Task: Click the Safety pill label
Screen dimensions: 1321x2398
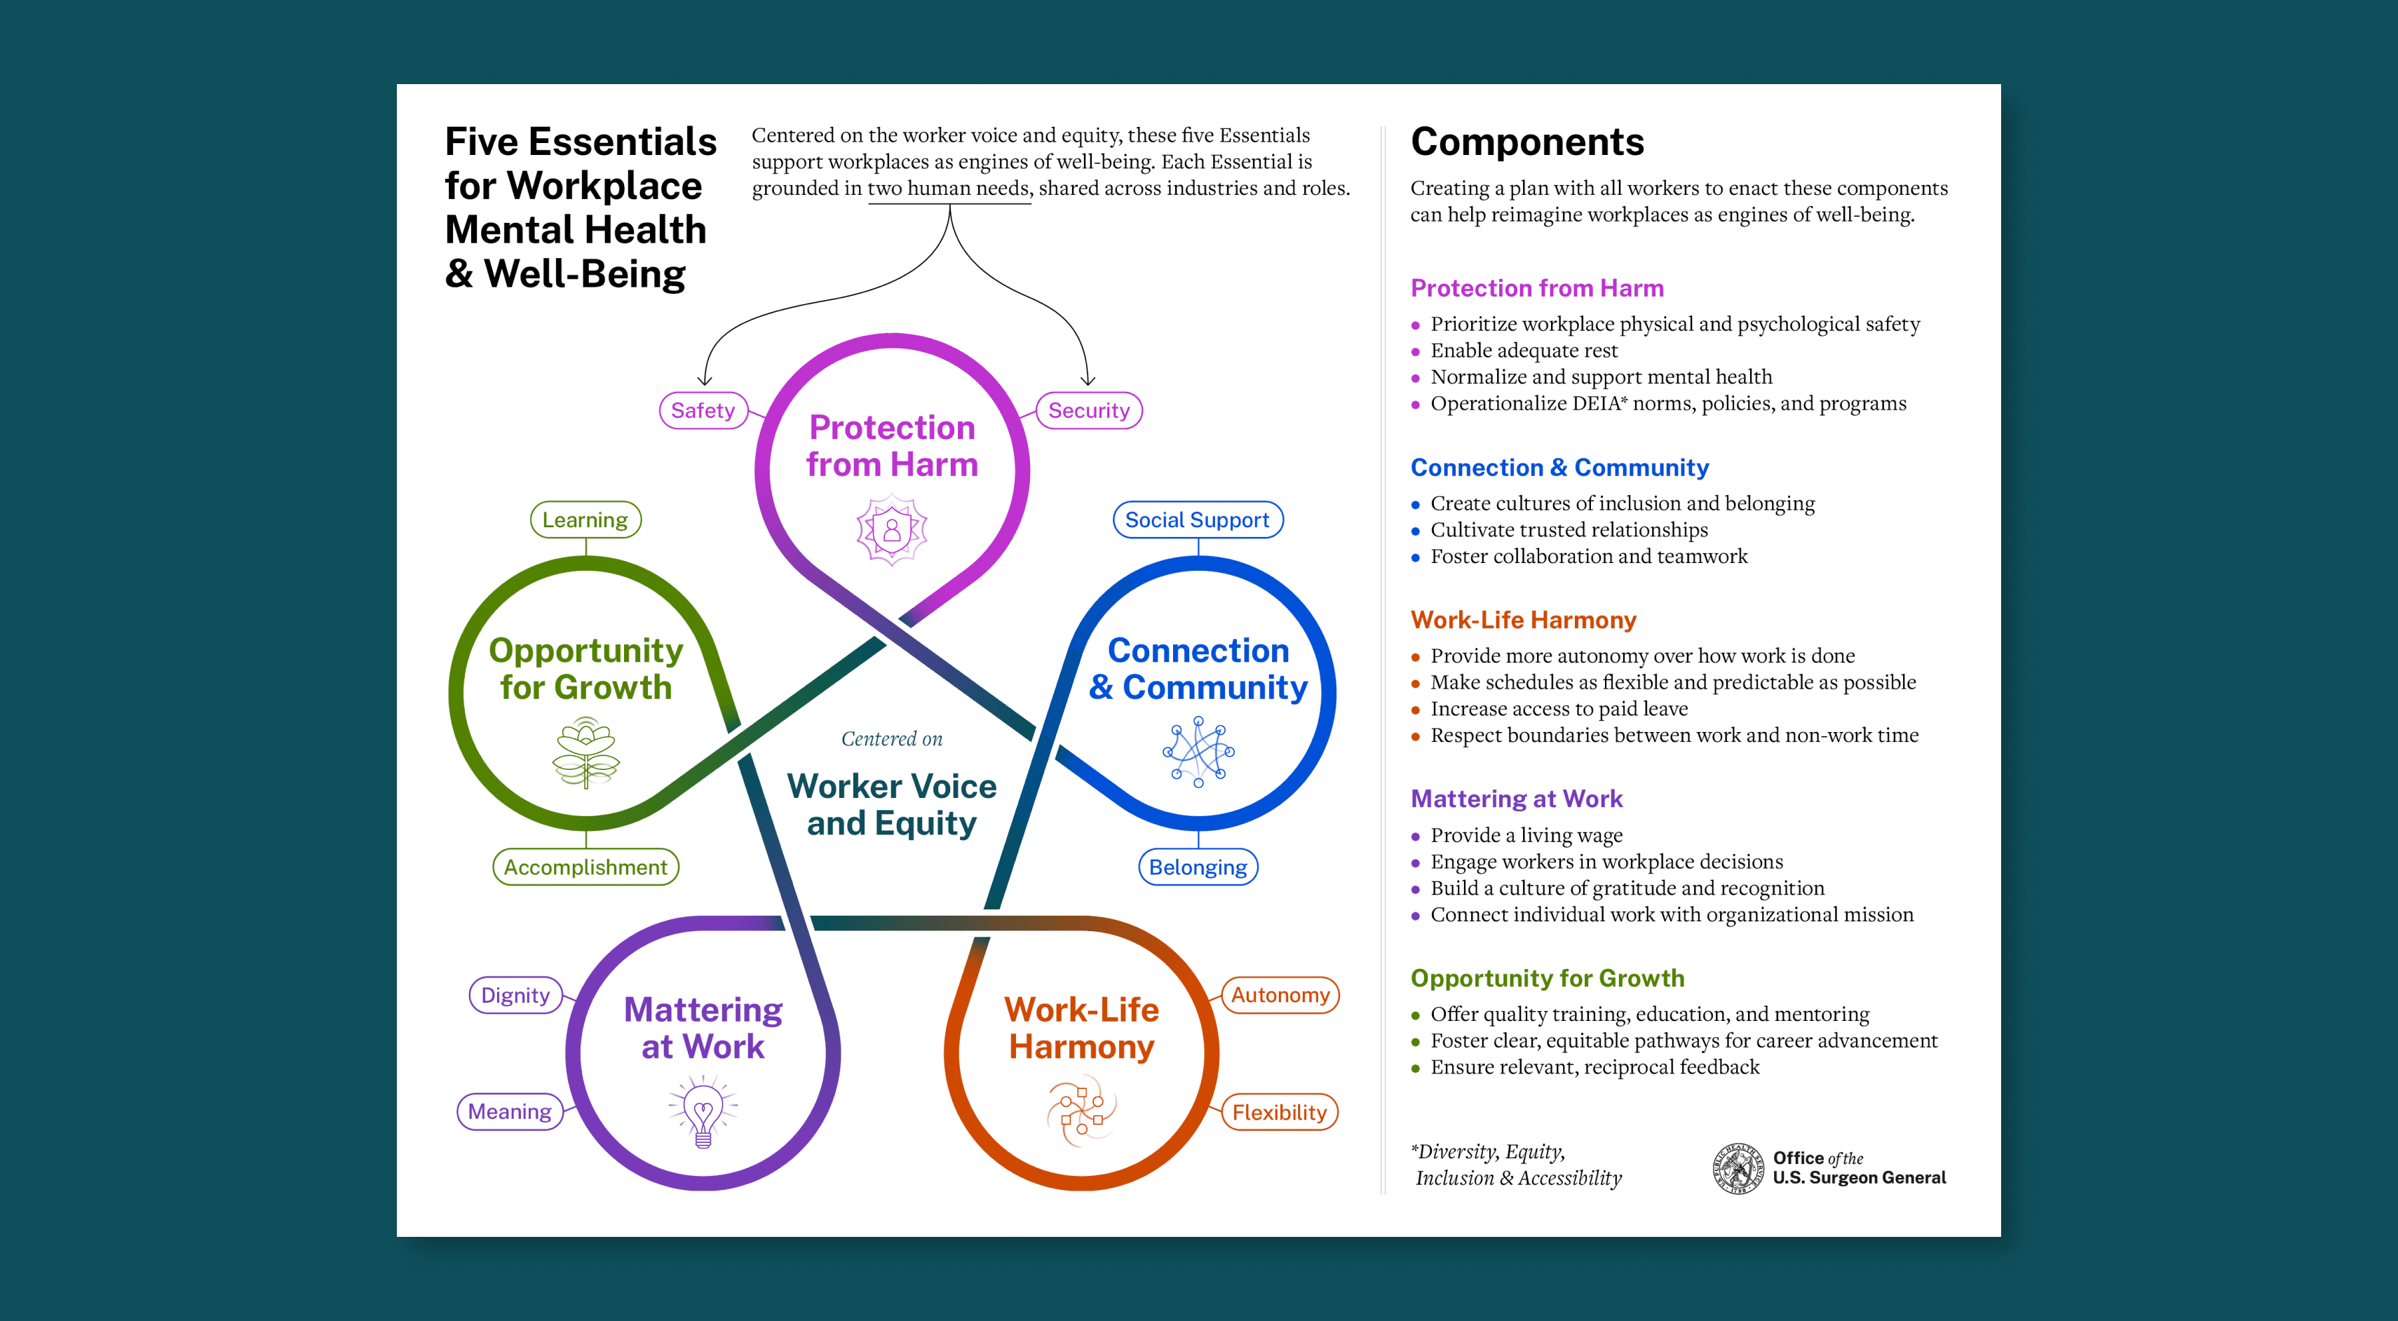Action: point(703,411)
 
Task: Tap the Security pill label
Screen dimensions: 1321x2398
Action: point(1088,411)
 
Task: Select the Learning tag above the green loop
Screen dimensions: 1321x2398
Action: point(585,520)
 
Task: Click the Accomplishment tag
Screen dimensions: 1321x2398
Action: point(585,867)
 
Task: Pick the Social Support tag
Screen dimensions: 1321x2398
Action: point(1197,520)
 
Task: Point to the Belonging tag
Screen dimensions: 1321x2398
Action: point(1197,867)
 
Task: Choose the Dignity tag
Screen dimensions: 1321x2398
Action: point(515,995)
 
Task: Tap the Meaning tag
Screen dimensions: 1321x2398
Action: point(509,1111)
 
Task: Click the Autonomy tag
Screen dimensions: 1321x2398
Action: point(1280,995)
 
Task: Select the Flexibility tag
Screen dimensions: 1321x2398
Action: point(1279,1113)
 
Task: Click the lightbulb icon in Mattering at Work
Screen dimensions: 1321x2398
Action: point(703,1110)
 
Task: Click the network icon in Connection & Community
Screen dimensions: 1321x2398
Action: point(1198,751)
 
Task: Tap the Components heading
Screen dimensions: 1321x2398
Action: point(1526,142)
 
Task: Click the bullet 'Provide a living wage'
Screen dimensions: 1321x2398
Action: point(1526,835)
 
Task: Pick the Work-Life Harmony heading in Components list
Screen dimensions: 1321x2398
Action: point(1523,620)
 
